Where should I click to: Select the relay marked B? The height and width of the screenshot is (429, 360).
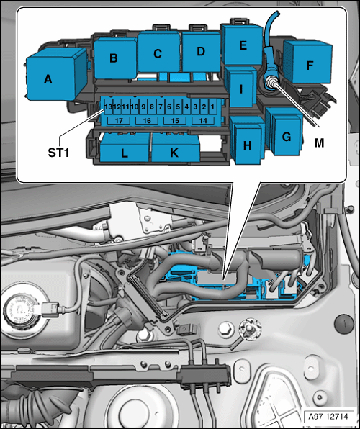point(115,58)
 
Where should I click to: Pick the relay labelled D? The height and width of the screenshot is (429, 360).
point(201,51)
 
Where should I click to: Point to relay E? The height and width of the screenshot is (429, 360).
point(242,45)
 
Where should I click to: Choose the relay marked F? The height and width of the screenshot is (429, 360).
point(307,62)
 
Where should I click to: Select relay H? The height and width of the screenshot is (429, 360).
point(247,140)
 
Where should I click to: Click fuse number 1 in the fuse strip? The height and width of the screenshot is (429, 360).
point(212,107)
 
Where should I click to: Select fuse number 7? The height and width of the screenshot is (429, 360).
point(161,107)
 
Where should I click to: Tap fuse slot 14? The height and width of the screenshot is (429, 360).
point(203,121)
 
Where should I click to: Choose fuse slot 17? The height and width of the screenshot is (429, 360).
point(119,121)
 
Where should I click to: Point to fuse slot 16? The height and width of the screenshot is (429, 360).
point(147,121)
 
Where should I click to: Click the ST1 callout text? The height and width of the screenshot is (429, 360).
point(58,153)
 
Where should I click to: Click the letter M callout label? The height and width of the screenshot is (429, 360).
point(319,143)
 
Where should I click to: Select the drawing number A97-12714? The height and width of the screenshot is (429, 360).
point(328,417)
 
